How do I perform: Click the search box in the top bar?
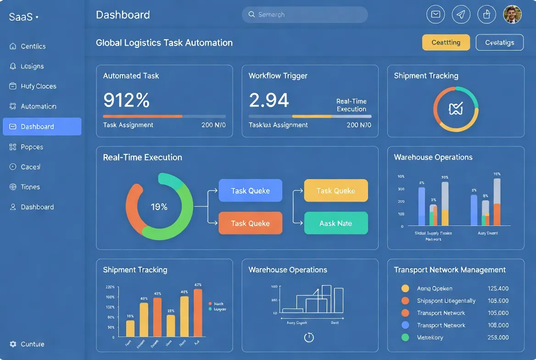[304, 15]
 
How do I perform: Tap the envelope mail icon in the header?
[435, 15]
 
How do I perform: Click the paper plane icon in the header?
[461, 15]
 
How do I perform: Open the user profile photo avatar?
[512, 15]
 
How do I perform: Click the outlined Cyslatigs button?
[499, 42]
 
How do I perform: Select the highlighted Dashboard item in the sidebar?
[42, 127]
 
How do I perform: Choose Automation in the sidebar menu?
[39, 107]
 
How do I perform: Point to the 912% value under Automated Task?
[127, 100]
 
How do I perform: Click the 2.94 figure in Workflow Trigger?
[269, 100]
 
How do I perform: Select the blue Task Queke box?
[250, 191]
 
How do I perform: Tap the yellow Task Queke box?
[336, 191]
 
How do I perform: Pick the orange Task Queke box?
[250, 223]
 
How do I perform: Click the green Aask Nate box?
[336, 223]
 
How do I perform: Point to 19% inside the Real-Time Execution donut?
[159, 207]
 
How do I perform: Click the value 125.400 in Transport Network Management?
[498, 288]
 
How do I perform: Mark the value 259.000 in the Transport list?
[498, 337]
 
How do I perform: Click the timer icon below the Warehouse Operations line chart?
[309, 337]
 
